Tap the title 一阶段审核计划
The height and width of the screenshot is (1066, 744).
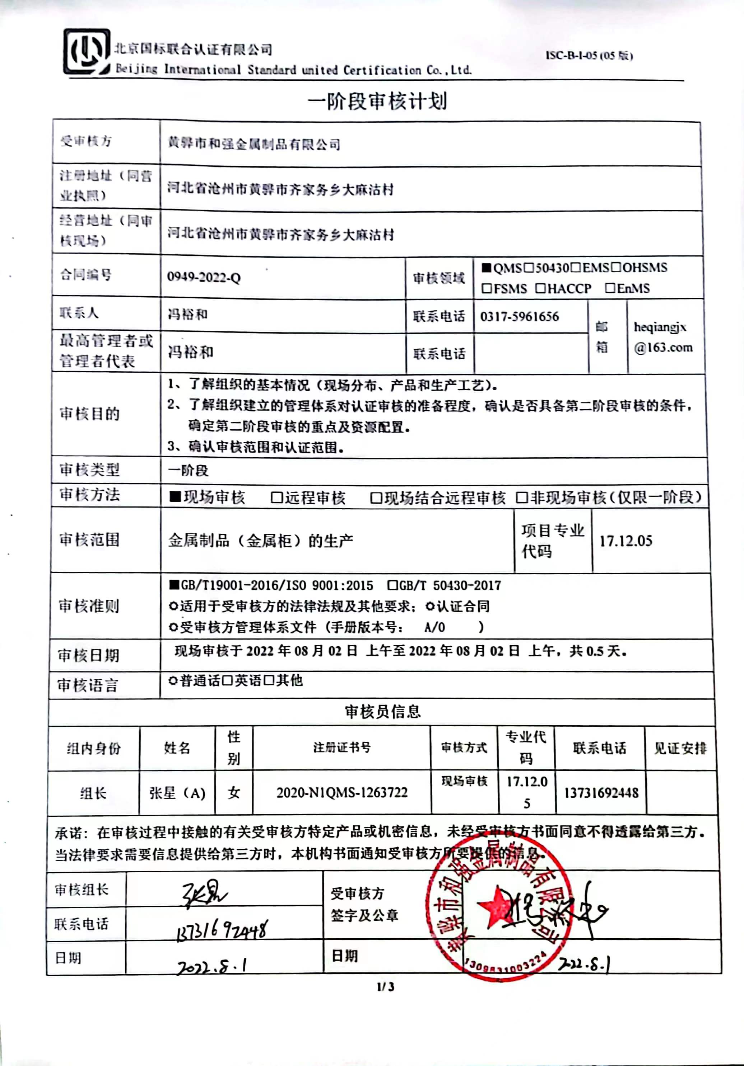click(377, 101)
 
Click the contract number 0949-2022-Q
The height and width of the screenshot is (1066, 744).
click(204, 278)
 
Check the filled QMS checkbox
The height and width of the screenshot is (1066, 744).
click(486, 268)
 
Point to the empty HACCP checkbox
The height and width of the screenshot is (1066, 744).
click(540, 288)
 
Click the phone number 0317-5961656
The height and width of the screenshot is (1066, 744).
click(519, 317)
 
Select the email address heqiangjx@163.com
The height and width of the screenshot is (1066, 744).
click(663, 337)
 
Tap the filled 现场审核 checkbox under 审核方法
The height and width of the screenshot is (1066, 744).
click(175, 497)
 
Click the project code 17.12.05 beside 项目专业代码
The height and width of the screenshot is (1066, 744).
click(626, 541)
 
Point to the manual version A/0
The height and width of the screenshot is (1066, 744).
click(434, 628)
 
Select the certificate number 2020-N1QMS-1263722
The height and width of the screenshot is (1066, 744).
click(342, 792)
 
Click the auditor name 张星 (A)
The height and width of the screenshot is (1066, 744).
click(177, 793)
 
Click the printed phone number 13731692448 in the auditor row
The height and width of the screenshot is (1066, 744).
click(601, 793)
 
